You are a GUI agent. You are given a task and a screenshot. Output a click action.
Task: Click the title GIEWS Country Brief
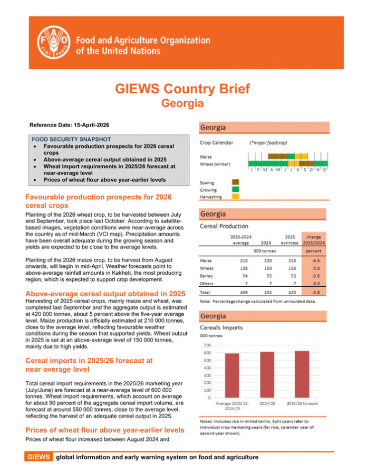click(182, 88)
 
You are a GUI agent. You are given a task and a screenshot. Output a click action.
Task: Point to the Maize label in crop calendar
click(206, 156)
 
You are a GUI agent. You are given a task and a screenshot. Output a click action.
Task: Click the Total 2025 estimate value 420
click(288, 292)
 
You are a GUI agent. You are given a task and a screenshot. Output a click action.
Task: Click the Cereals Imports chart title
click(221, 327)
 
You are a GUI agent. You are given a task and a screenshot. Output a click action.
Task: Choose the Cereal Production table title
click(227, 227)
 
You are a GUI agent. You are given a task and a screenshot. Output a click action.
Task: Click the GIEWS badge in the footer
click(42, 458)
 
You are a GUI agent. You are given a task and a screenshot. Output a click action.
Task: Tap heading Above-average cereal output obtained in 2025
click(105, 293)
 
